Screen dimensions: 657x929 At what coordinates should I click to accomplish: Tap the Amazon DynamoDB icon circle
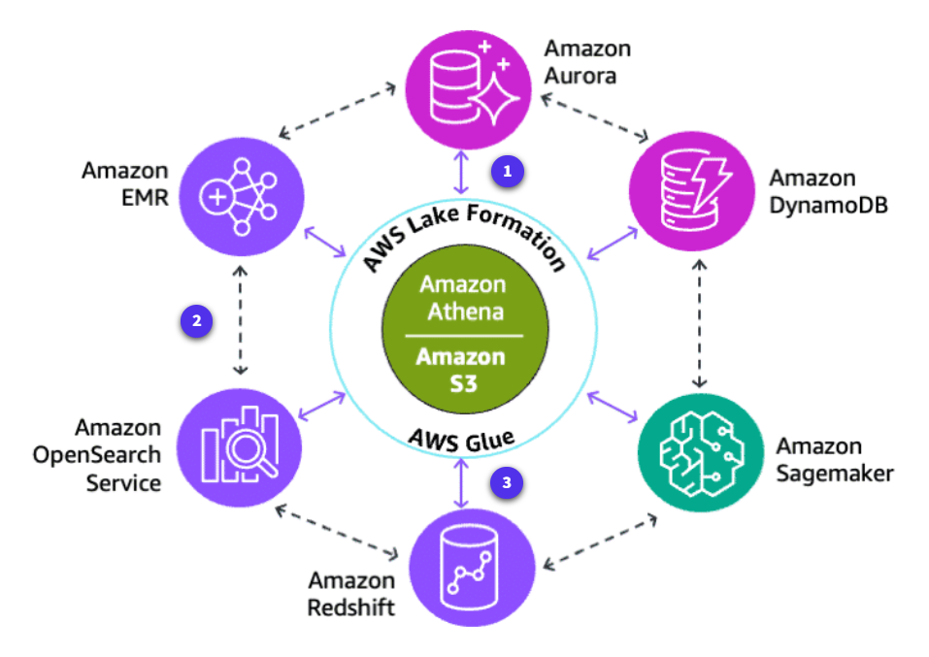[692, 190]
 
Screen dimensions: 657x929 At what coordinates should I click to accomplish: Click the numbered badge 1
[507, 171]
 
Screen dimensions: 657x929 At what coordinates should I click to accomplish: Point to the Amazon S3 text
[462, 369]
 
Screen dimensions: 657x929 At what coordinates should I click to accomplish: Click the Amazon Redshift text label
[351, 594]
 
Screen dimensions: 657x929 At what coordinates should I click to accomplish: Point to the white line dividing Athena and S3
[463, 335]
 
